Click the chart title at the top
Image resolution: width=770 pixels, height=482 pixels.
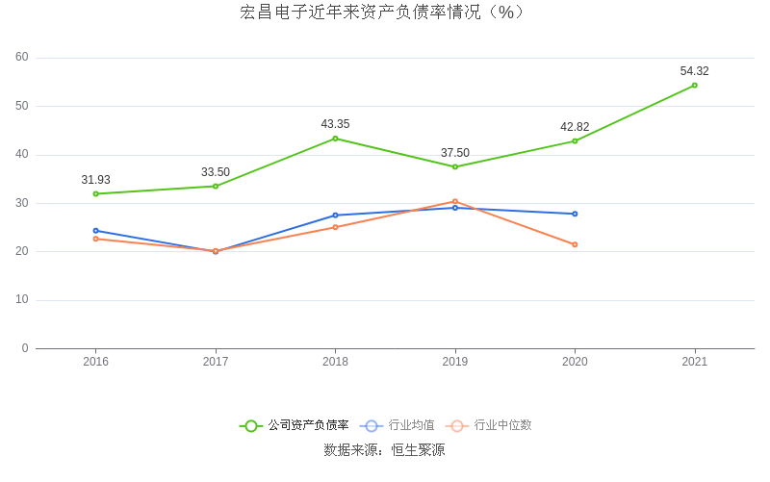point(384,13)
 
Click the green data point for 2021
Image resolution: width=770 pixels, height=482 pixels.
point(694,86)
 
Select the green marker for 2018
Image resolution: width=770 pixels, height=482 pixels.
point(335,139)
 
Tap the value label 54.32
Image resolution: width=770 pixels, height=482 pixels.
point(694,71)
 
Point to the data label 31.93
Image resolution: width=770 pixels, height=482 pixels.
point(95,180)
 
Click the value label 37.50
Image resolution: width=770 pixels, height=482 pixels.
point(455,153)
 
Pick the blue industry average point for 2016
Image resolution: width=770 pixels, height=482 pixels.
point(95,231)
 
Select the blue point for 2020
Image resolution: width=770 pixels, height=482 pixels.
point(575,214)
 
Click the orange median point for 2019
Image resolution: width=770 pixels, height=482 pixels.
point(455,202)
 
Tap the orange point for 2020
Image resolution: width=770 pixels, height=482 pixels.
point(575,244)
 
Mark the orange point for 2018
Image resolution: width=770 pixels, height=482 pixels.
point(335,227)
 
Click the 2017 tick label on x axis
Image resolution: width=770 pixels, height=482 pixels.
point(216,362)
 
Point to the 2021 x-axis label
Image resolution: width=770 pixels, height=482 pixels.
point(694,362)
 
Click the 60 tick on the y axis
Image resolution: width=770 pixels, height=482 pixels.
point(22,58)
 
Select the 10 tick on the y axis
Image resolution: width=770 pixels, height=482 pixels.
point(22,300)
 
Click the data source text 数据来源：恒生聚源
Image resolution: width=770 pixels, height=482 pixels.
point(384,449)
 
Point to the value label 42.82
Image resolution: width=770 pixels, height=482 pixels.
point(575,127)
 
